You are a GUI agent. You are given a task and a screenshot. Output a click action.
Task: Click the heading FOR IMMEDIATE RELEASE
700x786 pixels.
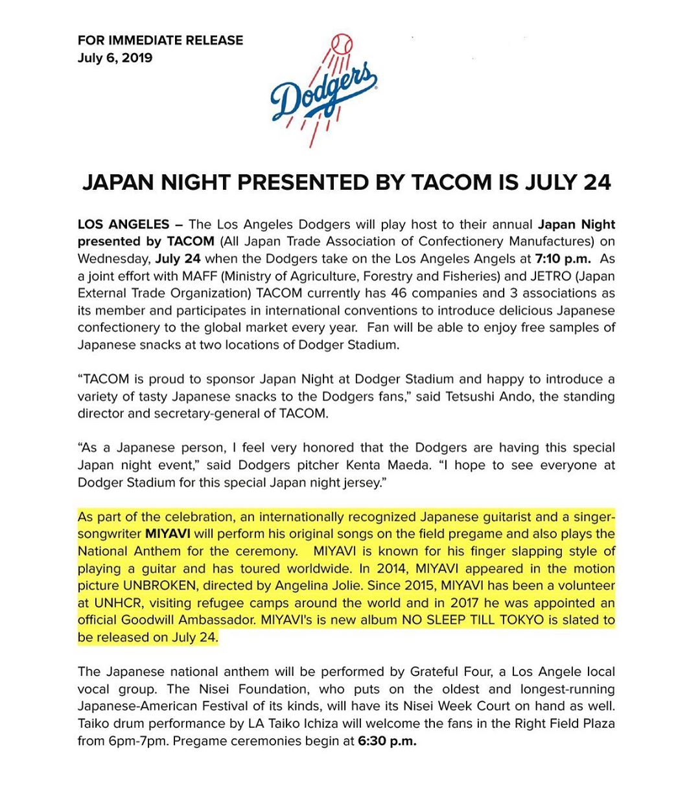(x=160, y=40)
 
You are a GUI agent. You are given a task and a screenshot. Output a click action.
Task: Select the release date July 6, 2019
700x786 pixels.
(x=115, y=58)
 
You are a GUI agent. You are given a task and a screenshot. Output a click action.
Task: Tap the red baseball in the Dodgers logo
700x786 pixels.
(x=341, y=45)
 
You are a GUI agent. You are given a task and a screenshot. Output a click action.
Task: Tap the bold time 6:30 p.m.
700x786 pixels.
(x=386, y=741)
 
